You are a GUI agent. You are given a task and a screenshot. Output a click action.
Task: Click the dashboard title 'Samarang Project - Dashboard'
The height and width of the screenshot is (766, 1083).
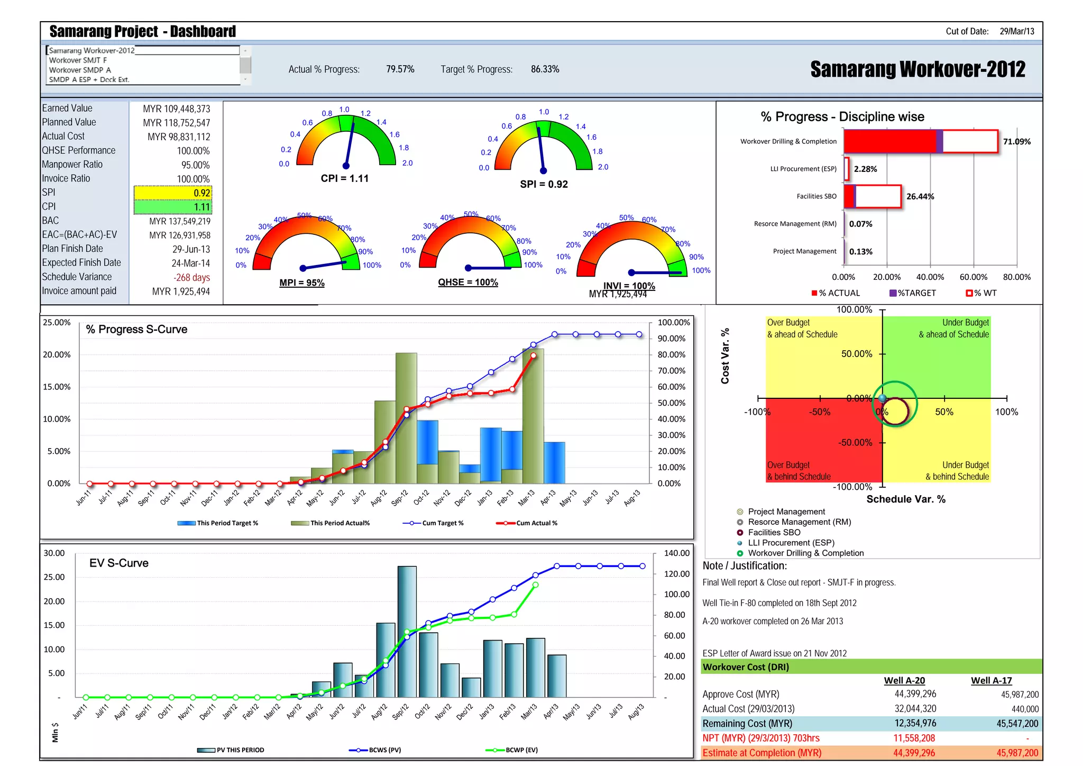pos(142,32)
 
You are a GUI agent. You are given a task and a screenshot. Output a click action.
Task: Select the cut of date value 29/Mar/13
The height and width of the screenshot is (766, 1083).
pos(1016,32)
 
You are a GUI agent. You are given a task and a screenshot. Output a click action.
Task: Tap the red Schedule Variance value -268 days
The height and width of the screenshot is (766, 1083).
pos(191,277)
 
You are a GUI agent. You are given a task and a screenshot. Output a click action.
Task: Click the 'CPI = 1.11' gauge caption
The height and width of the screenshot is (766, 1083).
pos(344,179)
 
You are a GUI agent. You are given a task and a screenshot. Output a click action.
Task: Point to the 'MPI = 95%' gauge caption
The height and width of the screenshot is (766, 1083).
pos(301,283)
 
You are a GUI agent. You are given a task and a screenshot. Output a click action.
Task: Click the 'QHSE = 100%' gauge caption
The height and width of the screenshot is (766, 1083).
pos(467,282)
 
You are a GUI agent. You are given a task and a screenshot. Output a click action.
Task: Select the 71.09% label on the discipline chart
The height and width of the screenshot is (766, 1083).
pos(1016,142)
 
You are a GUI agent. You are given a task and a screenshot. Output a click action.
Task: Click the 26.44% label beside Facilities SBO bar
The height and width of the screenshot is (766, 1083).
pos(920,197)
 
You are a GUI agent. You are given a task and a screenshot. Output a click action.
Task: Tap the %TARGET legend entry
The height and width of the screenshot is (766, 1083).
pos(913,293)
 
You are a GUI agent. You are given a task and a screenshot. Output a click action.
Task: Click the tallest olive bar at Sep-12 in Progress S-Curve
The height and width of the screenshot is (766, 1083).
pos(406,418)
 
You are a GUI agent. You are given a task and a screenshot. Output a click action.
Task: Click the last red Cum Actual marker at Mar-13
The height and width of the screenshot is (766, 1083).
pos(533,355)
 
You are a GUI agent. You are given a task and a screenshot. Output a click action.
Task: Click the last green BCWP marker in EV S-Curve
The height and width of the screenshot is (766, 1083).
pos(535,585)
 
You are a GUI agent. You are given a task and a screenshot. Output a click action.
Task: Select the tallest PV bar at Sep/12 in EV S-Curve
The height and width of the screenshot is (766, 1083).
pos(407,630)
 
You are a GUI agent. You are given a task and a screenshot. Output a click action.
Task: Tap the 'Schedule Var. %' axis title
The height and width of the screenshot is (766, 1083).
pos(905,499)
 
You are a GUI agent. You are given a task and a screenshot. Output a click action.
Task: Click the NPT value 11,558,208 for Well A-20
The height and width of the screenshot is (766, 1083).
pos(914,738)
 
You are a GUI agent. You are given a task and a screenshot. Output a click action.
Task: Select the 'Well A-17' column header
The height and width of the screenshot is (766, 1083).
pos(991,681)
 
